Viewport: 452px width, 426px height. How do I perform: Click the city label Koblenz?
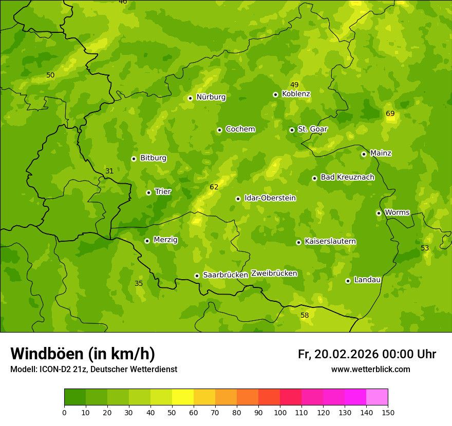pos(296,94)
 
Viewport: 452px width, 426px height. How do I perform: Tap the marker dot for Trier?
pos(149,192)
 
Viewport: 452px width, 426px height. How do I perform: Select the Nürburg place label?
pos(211,97)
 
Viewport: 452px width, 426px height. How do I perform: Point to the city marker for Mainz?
pos(364,154)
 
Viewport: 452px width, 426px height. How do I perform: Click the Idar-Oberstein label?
pos(270,198)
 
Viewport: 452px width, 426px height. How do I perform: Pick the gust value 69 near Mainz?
pos(390,113)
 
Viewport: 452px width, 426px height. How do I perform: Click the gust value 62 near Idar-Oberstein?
pos(214,187)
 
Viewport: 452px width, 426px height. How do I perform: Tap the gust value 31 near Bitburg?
pos(109,171)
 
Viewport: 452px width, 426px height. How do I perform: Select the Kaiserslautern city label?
pos(330,241)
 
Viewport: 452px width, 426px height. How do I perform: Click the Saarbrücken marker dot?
pos(197,276)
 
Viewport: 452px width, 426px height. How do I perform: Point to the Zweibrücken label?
pos(274,274)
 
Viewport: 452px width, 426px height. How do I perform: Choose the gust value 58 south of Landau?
pos(305,315)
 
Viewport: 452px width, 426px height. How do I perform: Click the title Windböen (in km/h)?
pos(83,354)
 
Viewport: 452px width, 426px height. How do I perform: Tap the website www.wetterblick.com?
pos(370,370)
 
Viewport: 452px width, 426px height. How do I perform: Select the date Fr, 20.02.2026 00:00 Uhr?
pos(367,354)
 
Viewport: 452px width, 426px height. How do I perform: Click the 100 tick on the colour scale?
pos(280,412)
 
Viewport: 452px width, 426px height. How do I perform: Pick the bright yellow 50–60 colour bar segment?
pos(183,397)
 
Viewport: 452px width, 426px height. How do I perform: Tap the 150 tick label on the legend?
pos(388,412)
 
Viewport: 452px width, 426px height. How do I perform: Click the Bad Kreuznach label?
pos(347,177)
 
